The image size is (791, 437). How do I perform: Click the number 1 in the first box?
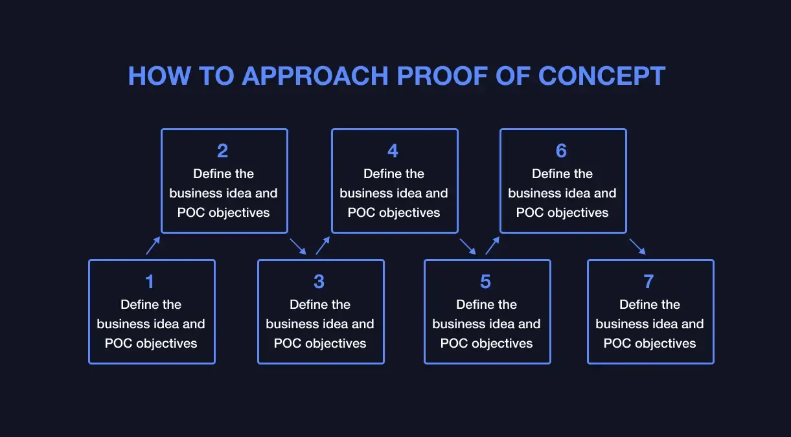[150, 282]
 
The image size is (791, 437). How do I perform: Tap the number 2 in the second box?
[223, 151]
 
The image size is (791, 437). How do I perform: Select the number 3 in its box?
[319, 282]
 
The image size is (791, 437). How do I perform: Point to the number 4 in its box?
[393, 151]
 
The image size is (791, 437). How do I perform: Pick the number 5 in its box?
[486, 282]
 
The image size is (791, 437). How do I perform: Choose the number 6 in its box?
[561, 151]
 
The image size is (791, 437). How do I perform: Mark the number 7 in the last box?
[649, 282]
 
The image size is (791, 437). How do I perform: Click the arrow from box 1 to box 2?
[153, 245]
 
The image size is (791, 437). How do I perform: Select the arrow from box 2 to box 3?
[298, 247]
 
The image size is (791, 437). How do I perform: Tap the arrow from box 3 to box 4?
[323, 245]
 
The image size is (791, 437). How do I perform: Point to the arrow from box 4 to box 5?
[468, 247]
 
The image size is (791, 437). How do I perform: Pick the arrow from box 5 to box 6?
[492, 245]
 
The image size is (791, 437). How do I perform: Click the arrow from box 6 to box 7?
[637, 247]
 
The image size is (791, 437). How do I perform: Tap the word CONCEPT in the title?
[602, 76]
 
